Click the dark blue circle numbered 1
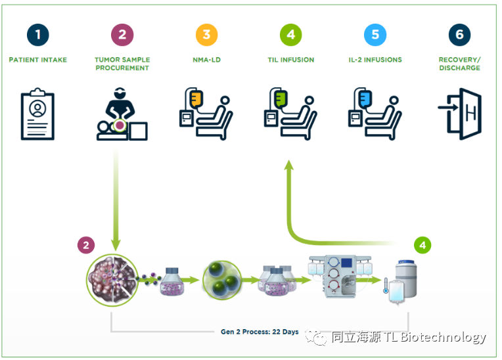(38, 34)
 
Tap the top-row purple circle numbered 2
(122, 34)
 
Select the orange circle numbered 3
(206, 34)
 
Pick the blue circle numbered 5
(375, 34)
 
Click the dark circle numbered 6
(459, 34)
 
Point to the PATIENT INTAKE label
(38, 60)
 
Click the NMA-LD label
(206, 60)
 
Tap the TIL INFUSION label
(290, 60)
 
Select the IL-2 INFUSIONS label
(375, 60)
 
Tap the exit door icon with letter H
(460, 115)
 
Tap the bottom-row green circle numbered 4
(423, 245)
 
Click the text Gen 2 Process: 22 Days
(260, 332)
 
